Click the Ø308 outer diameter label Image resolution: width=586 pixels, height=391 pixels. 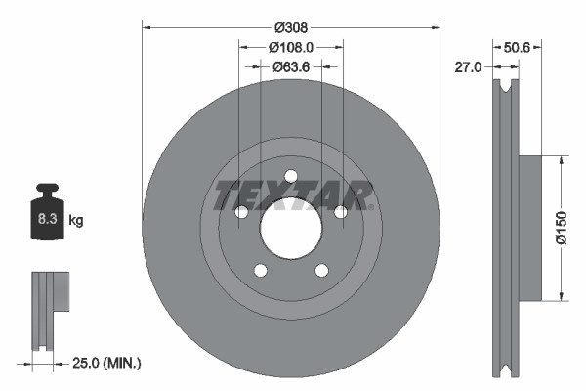tap(291, 26)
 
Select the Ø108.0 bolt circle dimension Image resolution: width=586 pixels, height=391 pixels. tap(291, 46)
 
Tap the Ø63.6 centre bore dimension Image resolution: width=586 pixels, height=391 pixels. tap(291, 66)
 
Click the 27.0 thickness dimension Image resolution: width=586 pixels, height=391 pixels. tap(470, 67)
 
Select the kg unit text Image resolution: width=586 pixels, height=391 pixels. tap(76, 221)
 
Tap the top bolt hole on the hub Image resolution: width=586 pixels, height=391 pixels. tap(290, 176)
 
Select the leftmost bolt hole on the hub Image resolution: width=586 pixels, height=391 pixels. tap(240, 212)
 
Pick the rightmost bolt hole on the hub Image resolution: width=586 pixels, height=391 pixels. tap(340, 212)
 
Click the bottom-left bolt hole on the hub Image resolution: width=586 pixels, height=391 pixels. tap(260, 271)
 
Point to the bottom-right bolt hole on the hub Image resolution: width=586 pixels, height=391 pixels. tap(321, 271)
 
